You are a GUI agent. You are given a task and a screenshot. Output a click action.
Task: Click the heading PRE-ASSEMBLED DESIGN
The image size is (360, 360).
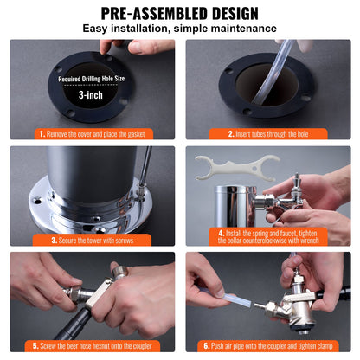pos(180,13)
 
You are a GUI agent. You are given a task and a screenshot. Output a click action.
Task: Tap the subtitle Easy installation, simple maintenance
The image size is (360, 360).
pos(180,29)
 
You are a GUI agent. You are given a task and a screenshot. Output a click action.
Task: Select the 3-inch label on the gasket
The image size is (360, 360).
pos(91,97)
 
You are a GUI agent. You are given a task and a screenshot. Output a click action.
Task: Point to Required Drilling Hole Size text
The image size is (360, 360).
pos(91,79)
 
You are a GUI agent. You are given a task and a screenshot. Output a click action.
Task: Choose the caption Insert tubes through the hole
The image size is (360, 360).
pos(267,134)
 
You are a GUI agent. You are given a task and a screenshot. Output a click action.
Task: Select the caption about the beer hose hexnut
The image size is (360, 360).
pos(94,345)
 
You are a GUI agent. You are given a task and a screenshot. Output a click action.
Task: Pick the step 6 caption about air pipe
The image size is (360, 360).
pos(269,345)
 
